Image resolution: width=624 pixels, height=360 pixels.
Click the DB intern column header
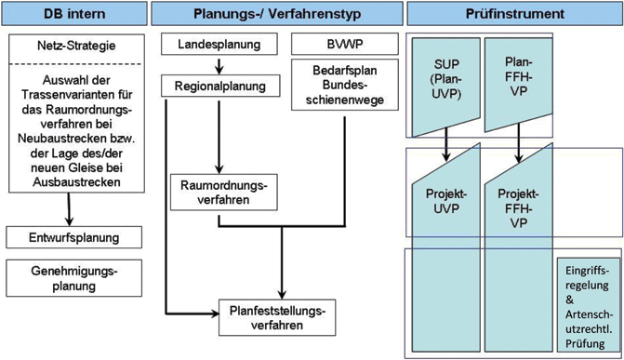coord(73,16)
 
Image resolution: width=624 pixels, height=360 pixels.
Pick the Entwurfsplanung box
coord(73,236)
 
